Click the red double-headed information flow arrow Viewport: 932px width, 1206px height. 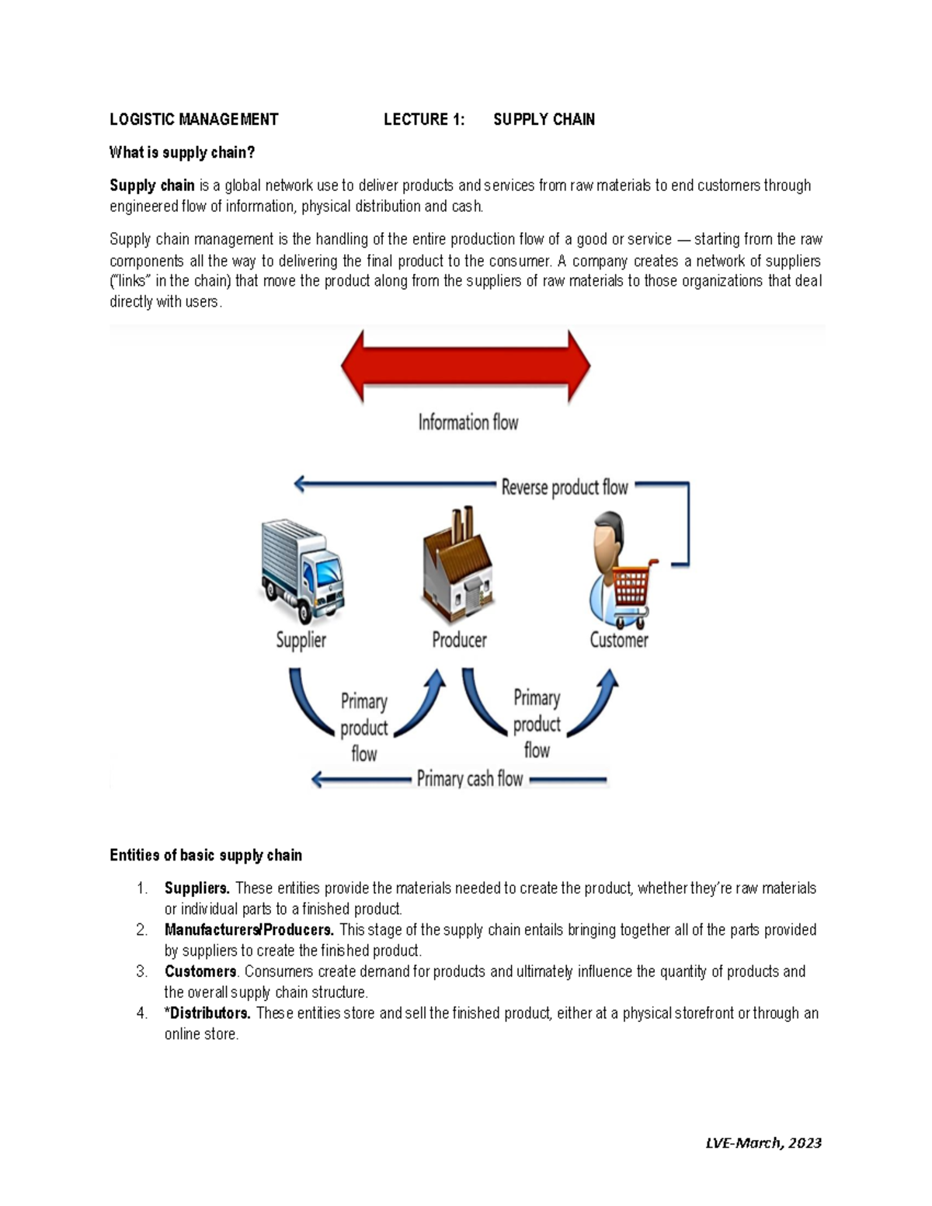466,366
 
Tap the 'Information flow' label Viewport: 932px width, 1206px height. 468,422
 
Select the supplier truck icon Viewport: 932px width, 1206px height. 301,571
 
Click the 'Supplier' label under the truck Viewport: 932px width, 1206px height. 301,640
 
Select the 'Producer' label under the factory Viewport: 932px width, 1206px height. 459,640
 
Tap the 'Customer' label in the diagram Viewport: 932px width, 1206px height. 618,640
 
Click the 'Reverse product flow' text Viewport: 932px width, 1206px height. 565,488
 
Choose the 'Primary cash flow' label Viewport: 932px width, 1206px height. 470,779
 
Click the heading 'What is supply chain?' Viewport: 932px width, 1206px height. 183,153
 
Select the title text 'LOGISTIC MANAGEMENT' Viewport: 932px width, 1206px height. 193,120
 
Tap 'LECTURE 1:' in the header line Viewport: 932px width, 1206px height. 424,120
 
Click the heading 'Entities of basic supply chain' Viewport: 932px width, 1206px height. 206,855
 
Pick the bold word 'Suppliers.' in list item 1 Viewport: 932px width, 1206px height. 196,888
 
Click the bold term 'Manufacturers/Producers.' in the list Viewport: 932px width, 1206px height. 249,930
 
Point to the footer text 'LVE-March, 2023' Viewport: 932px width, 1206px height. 763,1142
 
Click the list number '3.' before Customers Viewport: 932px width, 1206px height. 141,971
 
